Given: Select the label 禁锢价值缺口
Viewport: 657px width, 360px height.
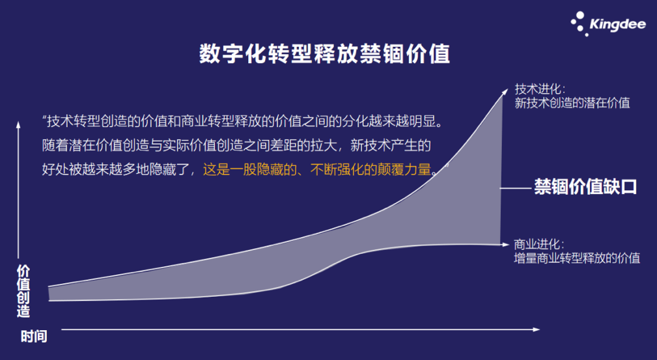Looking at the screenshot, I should (x=585, y=187).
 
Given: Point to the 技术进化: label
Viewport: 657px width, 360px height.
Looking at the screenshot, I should (x=540, y=89).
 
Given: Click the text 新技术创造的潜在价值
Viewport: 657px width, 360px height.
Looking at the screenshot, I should (x=572, y=103).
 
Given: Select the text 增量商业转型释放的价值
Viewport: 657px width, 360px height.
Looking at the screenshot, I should (x=577, y=258).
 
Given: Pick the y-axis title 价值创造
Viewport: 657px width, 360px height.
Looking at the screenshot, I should (x=23, y=290).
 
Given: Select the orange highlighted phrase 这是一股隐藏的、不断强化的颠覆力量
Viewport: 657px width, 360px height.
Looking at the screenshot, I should (x=318, y=170).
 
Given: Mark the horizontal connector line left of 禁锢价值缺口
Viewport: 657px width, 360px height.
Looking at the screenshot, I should (x=516, y=187).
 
